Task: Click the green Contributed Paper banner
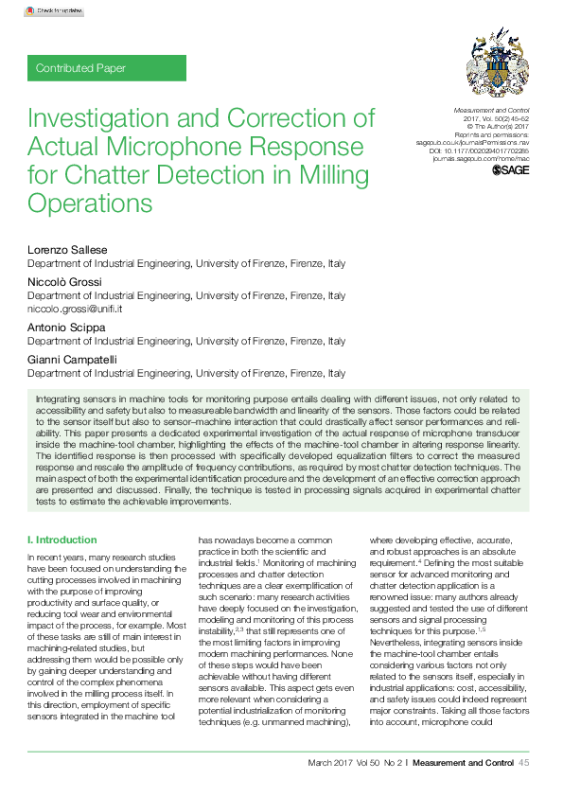(107, 68)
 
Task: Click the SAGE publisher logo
(511, 171)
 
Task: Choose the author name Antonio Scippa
(65, 326)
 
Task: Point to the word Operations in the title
(90, 203)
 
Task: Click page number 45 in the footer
(523, 763)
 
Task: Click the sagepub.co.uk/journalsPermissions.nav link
(472, 144)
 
